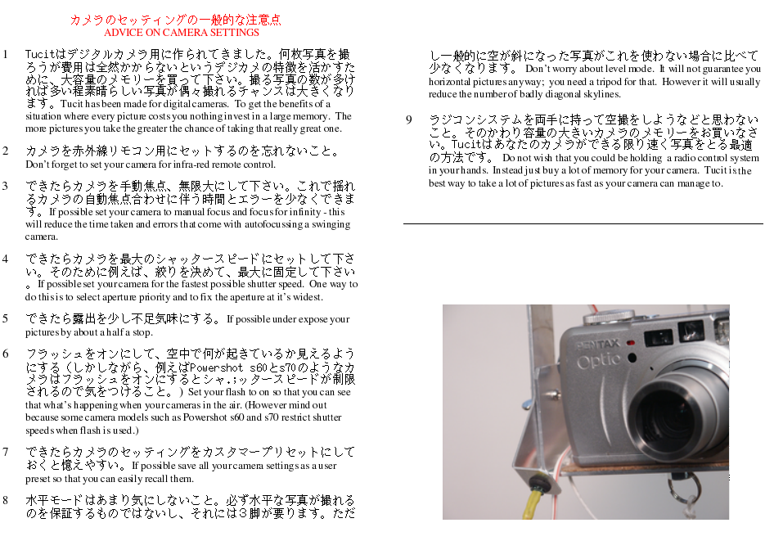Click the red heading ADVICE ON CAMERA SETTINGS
[x=181, y=33]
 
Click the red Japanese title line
[x=175, y=20]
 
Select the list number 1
[x=5, y=54]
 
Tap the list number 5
[x=5, y=318]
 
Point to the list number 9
[x=409, y=120]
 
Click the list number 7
[x=5, y=452]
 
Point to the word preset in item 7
[x=38, y=479]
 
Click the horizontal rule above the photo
[x=583, y=224]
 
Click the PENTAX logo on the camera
[x=598, y=344]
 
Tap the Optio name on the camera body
[x=599, y=360]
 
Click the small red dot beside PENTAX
[x=630, y=343]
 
